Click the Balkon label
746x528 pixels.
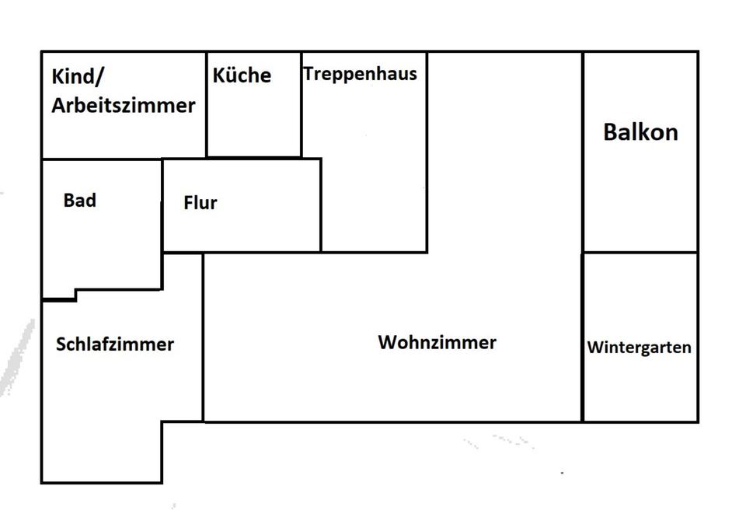coord(640,132)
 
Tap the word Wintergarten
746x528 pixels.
coord(639,348)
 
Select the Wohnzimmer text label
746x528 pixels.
coord(437,342)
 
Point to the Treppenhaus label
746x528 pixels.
coord(360,74)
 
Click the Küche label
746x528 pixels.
coord(242,75)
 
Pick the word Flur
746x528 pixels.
coord(200,204)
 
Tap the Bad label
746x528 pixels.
coord(79,201)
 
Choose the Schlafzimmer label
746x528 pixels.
coord(115,344)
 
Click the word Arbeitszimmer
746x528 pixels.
coord(124,106)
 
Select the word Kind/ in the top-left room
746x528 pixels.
coord(77,77)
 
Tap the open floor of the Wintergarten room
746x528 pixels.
coord(640,389)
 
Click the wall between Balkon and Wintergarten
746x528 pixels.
coord(640,252)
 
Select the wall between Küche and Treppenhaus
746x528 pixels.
coord(302,105)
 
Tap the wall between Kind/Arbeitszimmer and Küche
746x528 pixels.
coord(207,105)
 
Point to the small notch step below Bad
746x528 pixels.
coord(75,295)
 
